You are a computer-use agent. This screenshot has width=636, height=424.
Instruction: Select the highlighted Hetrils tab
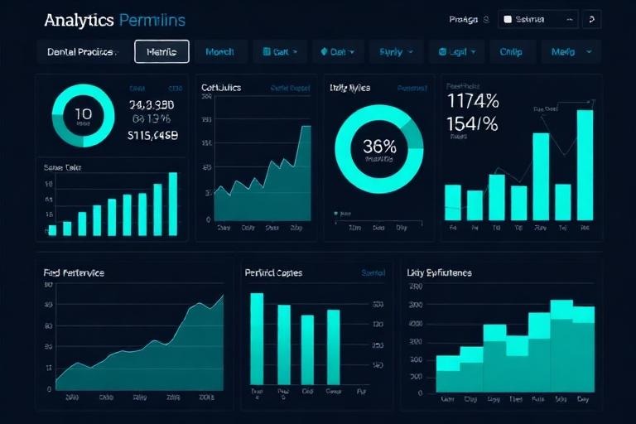tap(161, 51)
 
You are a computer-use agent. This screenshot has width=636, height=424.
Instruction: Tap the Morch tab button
tap(219, 51)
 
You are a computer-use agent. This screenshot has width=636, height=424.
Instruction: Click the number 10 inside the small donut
tap(83, 114)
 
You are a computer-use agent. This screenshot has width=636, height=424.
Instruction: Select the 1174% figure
tap(472, 102)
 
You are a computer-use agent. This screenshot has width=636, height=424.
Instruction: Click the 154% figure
tap(472, 124)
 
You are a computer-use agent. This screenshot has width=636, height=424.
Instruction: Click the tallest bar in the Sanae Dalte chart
tap(173, 204)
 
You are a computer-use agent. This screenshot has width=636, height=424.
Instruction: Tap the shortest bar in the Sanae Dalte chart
tap(52, 229)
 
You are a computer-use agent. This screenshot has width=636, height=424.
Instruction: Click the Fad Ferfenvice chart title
tap(74, 272)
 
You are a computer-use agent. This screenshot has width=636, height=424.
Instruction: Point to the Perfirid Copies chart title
tap(273, 272)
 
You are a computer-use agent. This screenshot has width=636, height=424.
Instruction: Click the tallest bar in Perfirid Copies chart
tap(257, 338)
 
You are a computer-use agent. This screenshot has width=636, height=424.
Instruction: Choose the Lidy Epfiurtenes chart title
tap(439, 272)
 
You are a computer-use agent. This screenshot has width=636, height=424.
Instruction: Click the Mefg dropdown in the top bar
tap(571, 51)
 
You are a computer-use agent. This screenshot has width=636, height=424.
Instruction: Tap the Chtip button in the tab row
tap(511, 51)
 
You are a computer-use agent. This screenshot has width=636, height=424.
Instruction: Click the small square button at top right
tap(591, 19)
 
